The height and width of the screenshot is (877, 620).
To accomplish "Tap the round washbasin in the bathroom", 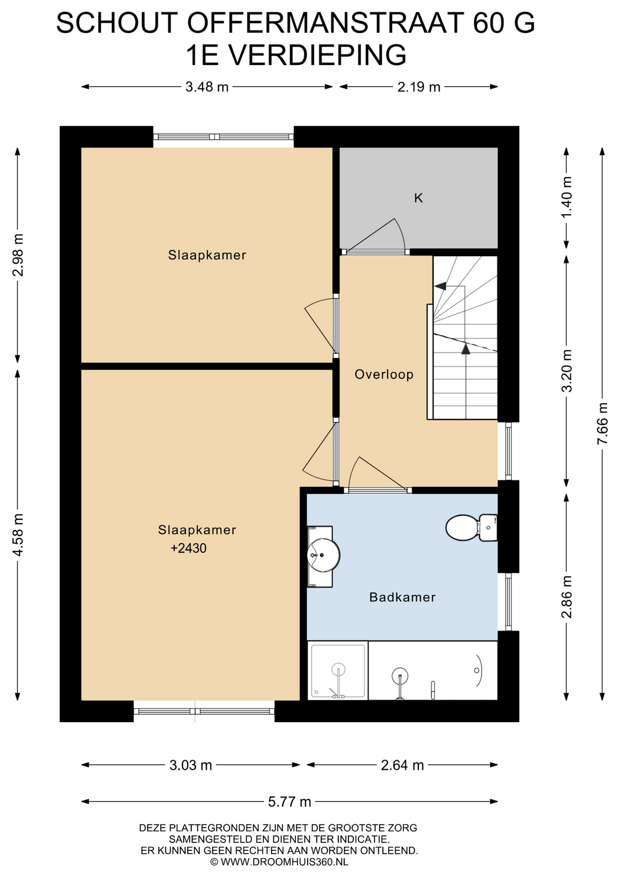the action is (323, 555).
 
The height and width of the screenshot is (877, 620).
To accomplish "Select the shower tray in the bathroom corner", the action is (338, 671).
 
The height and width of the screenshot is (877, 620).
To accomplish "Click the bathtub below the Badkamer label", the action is (433, 671).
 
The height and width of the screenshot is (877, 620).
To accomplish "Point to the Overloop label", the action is (384, 375).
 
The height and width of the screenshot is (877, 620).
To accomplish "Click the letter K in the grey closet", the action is (418, 198).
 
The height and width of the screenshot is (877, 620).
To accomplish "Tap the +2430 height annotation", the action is (189, 548).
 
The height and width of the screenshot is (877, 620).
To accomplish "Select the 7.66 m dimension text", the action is (603, 423).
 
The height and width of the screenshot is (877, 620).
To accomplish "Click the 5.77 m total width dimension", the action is (289, 802).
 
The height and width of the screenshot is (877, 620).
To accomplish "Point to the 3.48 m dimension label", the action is (207, 87).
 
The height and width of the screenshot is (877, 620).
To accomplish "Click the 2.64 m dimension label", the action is (402, 765).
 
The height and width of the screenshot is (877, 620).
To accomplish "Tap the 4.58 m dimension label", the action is (18, 535).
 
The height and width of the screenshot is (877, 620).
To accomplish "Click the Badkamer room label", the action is (402, 597).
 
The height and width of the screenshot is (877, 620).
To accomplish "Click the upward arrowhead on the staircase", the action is (465, 349).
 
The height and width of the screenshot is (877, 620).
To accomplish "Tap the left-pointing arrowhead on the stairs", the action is (440, 286).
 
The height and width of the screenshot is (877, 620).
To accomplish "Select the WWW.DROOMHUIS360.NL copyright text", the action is (279, 862).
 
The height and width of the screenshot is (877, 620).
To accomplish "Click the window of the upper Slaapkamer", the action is (223, 137).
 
